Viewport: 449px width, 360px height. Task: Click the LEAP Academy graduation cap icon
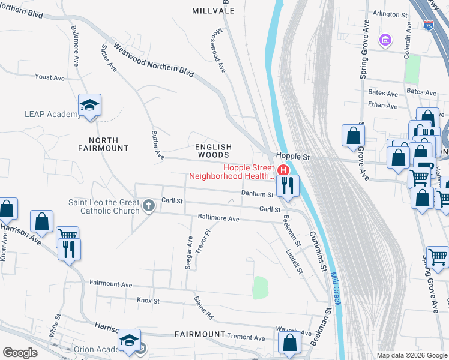[89, 106]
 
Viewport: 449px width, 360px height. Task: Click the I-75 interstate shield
[428, 25]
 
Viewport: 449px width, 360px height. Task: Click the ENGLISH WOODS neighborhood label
[214, 151]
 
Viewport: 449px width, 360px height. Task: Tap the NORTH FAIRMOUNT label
[104, 143]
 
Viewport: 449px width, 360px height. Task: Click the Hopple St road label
[292, 156]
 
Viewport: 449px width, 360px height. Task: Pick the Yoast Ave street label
[50, 77]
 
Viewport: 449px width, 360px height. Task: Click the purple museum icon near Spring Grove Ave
[385, 40]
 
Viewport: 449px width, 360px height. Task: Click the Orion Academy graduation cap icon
[129, 341]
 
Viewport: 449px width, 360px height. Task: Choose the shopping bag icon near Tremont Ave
[289, 343]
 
